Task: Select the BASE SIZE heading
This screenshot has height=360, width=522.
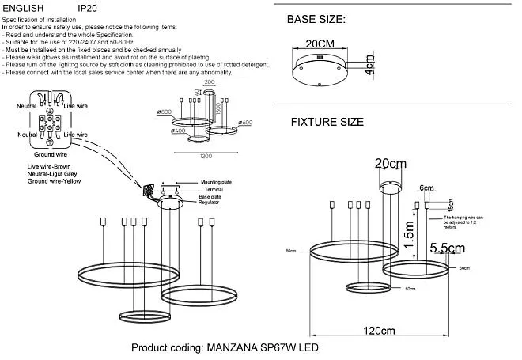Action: click(x=316, y=18)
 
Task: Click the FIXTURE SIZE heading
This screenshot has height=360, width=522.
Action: click(x=327, y=123)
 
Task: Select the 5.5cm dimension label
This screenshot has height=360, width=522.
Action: click(x=446, y=248)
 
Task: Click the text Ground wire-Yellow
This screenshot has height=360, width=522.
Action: click(x=54, y=182)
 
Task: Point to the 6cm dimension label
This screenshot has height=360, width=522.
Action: click(x=427, y=188)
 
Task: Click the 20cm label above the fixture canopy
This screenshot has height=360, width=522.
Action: click(x=391, y=163)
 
